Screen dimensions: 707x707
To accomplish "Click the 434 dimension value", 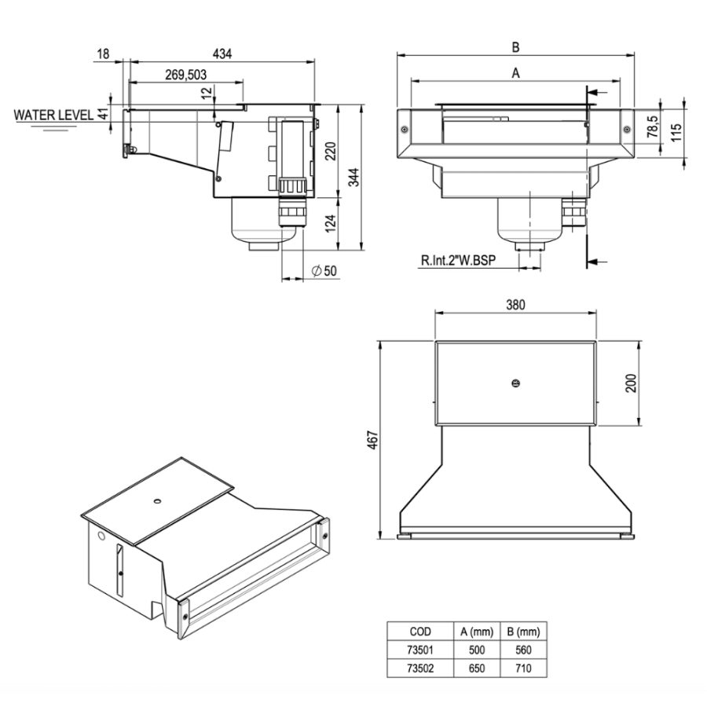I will (x=223, y=53).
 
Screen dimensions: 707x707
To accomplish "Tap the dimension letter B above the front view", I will (x=515, y=47).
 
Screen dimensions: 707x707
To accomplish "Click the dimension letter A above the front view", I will (x=515, y=72).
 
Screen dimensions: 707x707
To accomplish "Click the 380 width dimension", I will (x=515, y=304).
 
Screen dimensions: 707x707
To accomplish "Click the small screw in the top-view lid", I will (x=515, y=383).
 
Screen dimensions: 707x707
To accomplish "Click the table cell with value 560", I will (x=522, y=649).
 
